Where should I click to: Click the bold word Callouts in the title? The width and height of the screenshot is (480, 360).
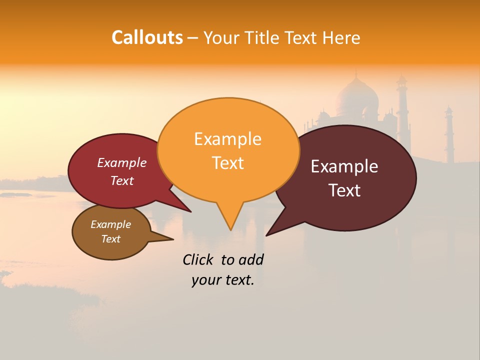[147, 37]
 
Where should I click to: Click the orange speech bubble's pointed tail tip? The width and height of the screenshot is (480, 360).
[230, 229]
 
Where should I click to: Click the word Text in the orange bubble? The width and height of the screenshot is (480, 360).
[227, 162]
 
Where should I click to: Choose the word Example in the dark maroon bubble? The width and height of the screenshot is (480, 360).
[344, 166]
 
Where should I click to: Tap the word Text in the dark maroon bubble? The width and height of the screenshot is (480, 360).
[345, 190]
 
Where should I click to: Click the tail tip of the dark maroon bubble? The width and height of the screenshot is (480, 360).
[266, 235]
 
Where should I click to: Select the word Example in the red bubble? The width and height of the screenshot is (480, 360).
[122, 162]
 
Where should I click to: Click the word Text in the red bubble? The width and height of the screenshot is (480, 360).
[122, 180]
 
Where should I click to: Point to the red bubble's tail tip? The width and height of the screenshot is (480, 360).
[190, 211]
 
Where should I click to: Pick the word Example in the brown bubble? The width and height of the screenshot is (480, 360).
[110, 224]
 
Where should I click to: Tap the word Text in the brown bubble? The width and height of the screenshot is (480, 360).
[110, 239]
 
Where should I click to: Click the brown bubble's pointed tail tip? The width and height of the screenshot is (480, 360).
[173, 239]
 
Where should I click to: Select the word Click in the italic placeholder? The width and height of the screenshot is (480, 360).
[199, 259]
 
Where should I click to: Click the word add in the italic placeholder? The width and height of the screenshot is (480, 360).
[250, 259]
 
